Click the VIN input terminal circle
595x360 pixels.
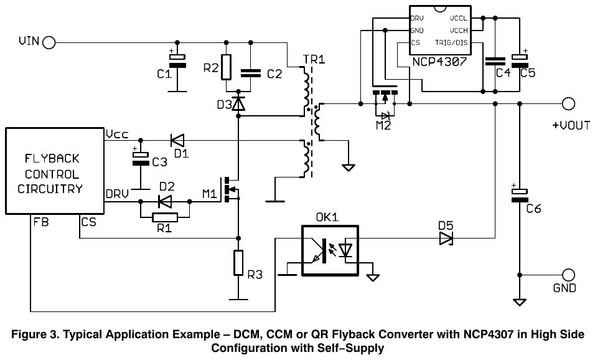[x=49, y=42]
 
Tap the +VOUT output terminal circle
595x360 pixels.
[x=568, y=103]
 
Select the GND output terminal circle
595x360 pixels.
[x=568, y=275]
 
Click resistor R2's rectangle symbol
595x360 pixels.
[x=226, y=67]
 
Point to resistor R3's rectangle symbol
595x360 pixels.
[x=238, y=263]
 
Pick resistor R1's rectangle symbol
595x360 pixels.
[x=165, y=217]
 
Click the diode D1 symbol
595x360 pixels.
[x=177, y=141]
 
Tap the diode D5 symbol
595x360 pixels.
[x=446, y=239]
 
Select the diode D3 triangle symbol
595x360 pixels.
[x=238, y=103]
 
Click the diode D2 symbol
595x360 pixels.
[x=165, y=201]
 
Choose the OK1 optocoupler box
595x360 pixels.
[x=330, y=250]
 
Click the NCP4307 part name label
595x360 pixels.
[x=439, y=62]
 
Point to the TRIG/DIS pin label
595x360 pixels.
[x=451, y=42]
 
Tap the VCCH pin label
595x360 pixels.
[x=459, y=31]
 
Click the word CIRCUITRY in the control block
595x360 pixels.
[x=50, y=189]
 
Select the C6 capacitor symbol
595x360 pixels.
[x=520, y=196]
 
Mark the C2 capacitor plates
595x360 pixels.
[x=251, y=73]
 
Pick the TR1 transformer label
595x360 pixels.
[x=314, y=59]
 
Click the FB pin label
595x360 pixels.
[x=41, y=222]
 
